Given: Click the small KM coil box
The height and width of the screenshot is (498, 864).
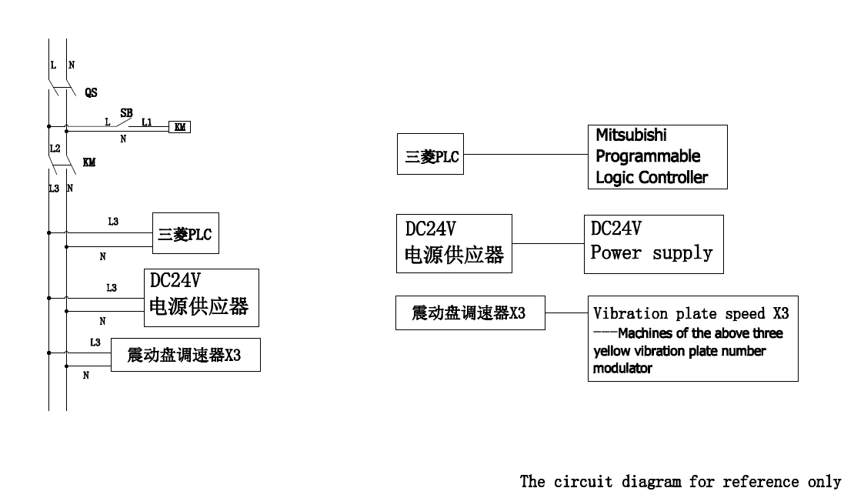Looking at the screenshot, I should pyautogui.click(x=180, y=128).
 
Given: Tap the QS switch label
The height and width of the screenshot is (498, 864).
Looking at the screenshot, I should pyautogui.click(x=91, y=92).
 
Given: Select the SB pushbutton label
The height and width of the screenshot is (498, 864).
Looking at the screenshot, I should pyautogui.click(x=126, y=112).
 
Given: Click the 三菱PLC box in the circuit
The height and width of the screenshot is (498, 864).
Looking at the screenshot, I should pyautogui.click(x=185, y=232).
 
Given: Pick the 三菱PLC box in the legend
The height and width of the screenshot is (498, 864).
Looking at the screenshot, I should pyautogui.click(x=431, y=154).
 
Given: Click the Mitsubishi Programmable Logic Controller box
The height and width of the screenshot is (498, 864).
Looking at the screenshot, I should pyautogui.click(x=656, y=156).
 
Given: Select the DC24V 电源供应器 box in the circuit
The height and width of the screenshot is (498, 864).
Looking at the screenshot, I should pyautogui.click(x=201, y=297).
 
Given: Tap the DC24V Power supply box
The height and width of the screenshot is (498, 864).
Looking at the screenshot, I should pyautogui.click(x=653, y=243).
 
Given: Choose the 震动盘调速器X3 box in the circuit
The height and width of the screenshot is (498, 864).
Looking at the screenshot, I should pyautogui.click(x=185, y=356).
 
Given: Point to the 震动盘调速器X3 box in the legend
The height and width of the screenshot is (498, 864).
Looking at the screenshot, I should pyautogui.click(x=470, y=313).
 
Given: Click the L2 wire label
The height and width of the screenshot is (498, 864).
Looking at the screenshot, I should pyautogui.click(x=55, y=148).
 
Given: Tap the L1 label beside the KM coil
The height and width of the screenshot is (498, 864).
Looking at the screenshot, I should pyautogui.click(x=146, y=122).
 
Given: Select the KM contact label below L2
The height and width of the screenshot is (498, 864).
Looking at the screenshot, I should pyautogui.click(x=89, y=162).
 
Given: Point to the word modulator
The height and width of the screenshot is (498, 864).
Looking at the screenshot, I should pyautogui.click(x=622, y=368).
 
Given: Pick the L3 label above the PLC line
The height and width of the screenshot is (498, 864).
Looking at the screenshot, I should pyautogui.click(x=113, y=222).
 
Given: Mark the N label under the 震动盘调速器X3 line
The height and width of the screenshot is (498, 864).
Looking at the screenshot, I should pyautogui.click(x=85, y=376).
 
